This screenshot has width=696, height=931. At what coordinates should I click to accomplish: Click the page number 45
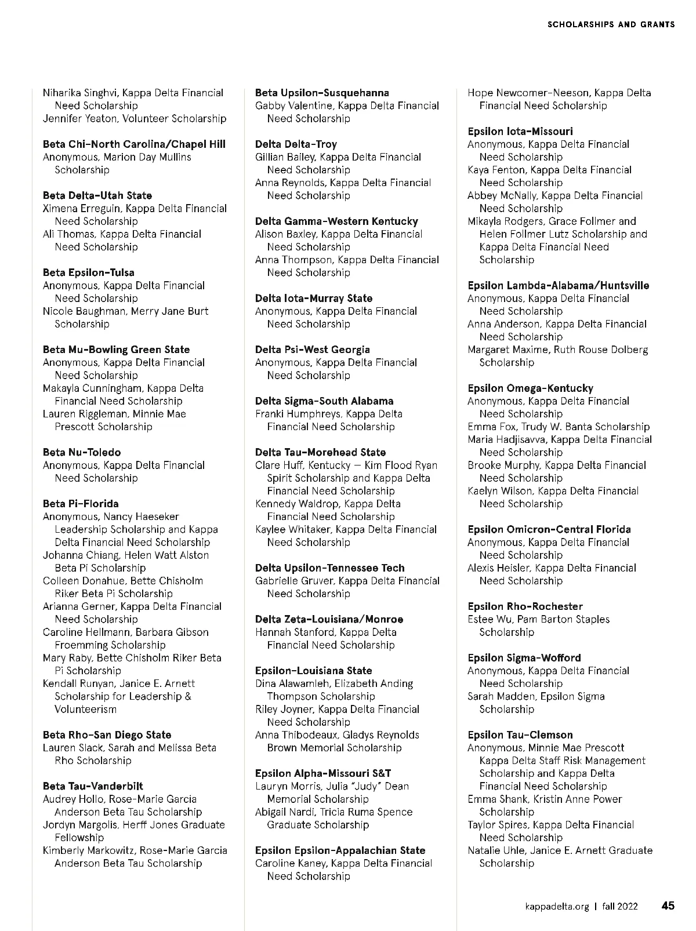point(668,905)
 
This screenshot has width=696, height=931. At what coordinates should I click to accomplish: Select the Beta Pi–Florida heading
point(81,503)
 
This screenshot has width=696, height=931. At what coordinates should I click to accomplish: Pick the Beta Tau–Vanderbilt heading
point(93,786)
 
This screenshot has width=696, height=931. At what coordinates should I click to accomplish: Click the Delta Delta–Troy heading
point(296,144)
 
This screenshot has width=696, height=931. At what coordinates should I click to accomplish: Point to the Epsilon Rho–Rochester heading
point(525,606)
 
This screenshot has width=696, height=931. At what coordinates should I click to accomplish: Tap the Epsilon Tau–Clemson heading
point(520,734)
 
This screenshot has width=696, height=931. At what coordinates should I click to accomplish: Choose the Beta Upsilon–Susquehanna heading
point(322,93)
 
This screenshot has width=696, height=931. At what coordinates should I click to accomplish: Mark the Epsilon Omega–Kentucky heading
point(530,388)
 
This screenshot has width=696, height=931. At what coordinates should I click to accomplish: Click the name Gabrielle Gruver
point(294,581)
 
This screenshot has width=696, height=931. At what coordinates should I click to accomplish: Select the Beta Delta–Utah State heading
point(97,195)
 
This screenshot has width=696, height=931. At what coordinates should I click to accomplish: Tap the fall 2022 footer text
point(619,906)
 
